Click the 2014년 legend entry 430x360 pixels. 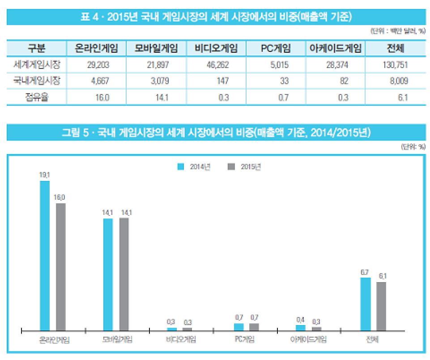[194, 167]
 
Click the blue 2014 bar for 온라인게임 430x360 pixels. [45, 255]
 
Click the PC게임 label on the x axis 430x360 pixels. [244, 339]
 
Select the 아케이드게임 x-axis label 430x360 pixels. [308, 339]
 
